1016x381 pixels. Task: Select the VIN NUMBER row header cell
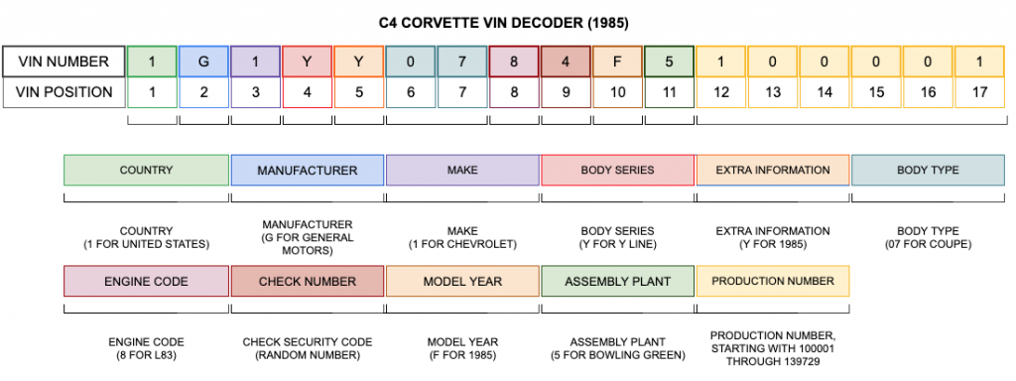coord(64,62)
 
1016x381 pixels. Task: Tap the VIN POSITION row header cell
coord(64,92)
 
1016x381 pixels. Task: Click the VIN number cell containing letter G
coord(203,62)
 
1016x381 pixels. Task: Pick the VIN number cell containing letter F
coord(617,62)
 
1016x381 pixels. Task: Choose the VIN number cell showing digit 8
coord(514,62)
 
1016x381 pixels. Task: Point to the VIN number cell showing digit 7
coord(462,62)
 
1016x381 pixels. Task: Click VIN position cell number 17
coord(980,92)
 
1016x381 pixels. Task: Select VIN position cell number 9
coord(566,92)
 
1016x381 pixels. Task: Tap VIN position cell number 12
coord(721,92)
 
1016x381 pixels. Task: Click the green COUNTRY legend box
coord(146,170)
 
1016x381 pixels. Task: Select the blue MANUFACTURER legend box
coord(308,170)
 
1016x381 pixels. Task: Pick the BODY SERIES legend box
coord(617,170)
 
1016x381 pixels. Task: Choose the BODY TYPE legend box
coord(928,170)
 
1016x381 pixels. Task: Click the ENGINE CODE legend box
coord(146,281)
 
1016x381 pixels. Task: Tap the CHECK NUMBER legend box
coord(308,281)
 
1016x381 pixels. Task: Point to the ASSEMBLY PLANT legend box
coord(617,281)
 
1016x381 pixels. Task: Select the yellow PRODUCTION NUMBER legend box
coord(773,281)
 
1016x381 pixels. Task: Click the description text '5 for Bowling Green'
coord(617,354)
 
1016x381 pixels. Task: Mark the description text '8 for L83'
coord(146,354)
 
